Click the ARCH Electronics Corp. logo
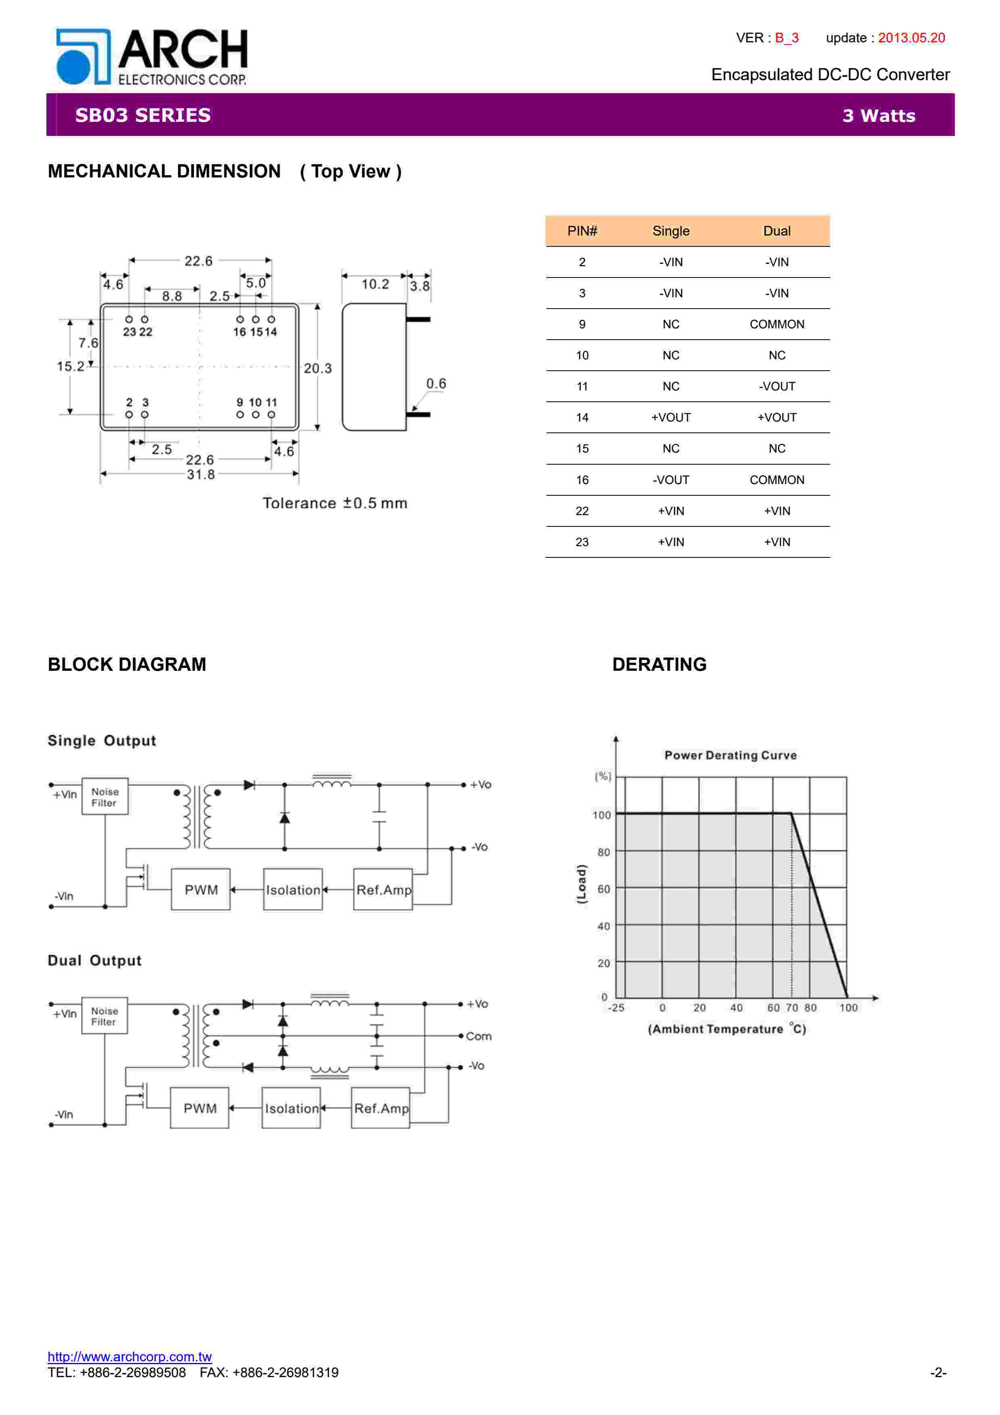tap(152, 57)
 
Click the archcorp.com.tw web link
tap(129, 1357)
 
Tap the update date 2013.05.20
tap(911, 38)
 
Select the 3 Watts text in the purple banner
tap(879, 116)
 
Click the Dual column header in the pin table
tap(777, 231)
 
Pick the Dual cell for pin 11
tap(777, 386)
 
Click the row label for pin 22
tap(582, 511)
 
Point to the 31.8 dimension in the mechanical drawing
tap(201, 474)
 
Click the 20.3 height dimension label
tap(317, 369)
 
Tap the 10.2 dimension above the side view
tap(375, 284)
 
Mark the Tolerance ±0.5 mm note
tap(334, 503)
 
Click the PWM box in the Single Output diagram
tap(201, 889)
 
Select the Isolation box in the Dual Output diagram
tap(291, 1108)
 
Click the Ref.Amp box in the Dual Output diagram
tap(381, 1108)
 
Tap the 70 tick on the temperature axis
tap(792, 1008)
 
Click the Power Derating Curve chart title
tap(730, 756)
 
